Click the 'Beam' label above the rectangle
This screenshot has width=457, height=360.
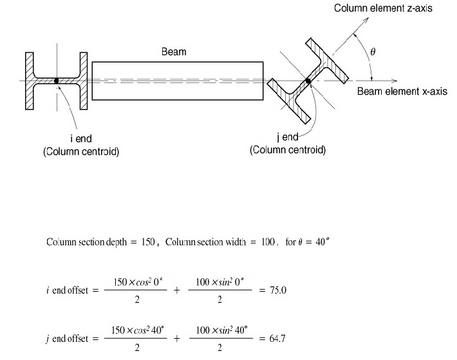(x=175, y=52)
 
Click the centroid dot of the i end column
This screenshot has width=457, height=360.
(x=57, y=81)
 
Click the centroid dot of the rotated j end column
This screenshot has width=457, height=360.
(x=308, y=81)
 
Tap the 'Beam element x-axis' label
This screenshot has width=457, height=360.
(x=402, y=91)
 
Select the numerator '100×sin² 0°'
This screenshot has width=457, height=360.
(x=219, y=282)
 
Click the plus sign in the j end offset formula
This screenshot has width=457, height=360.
(x=177, y=338)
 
